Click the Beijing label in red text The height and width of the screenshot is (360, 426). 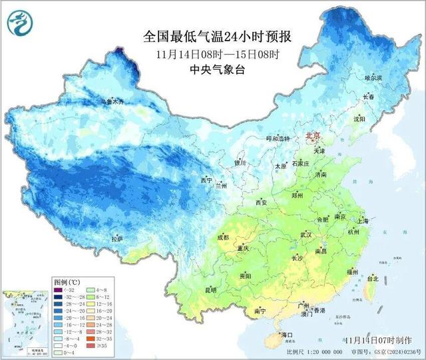pos(312,136)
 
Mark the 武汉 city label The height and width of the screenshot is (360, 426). pos(306,234)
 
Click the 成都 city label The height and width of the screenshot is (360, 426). pos(222,238)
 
